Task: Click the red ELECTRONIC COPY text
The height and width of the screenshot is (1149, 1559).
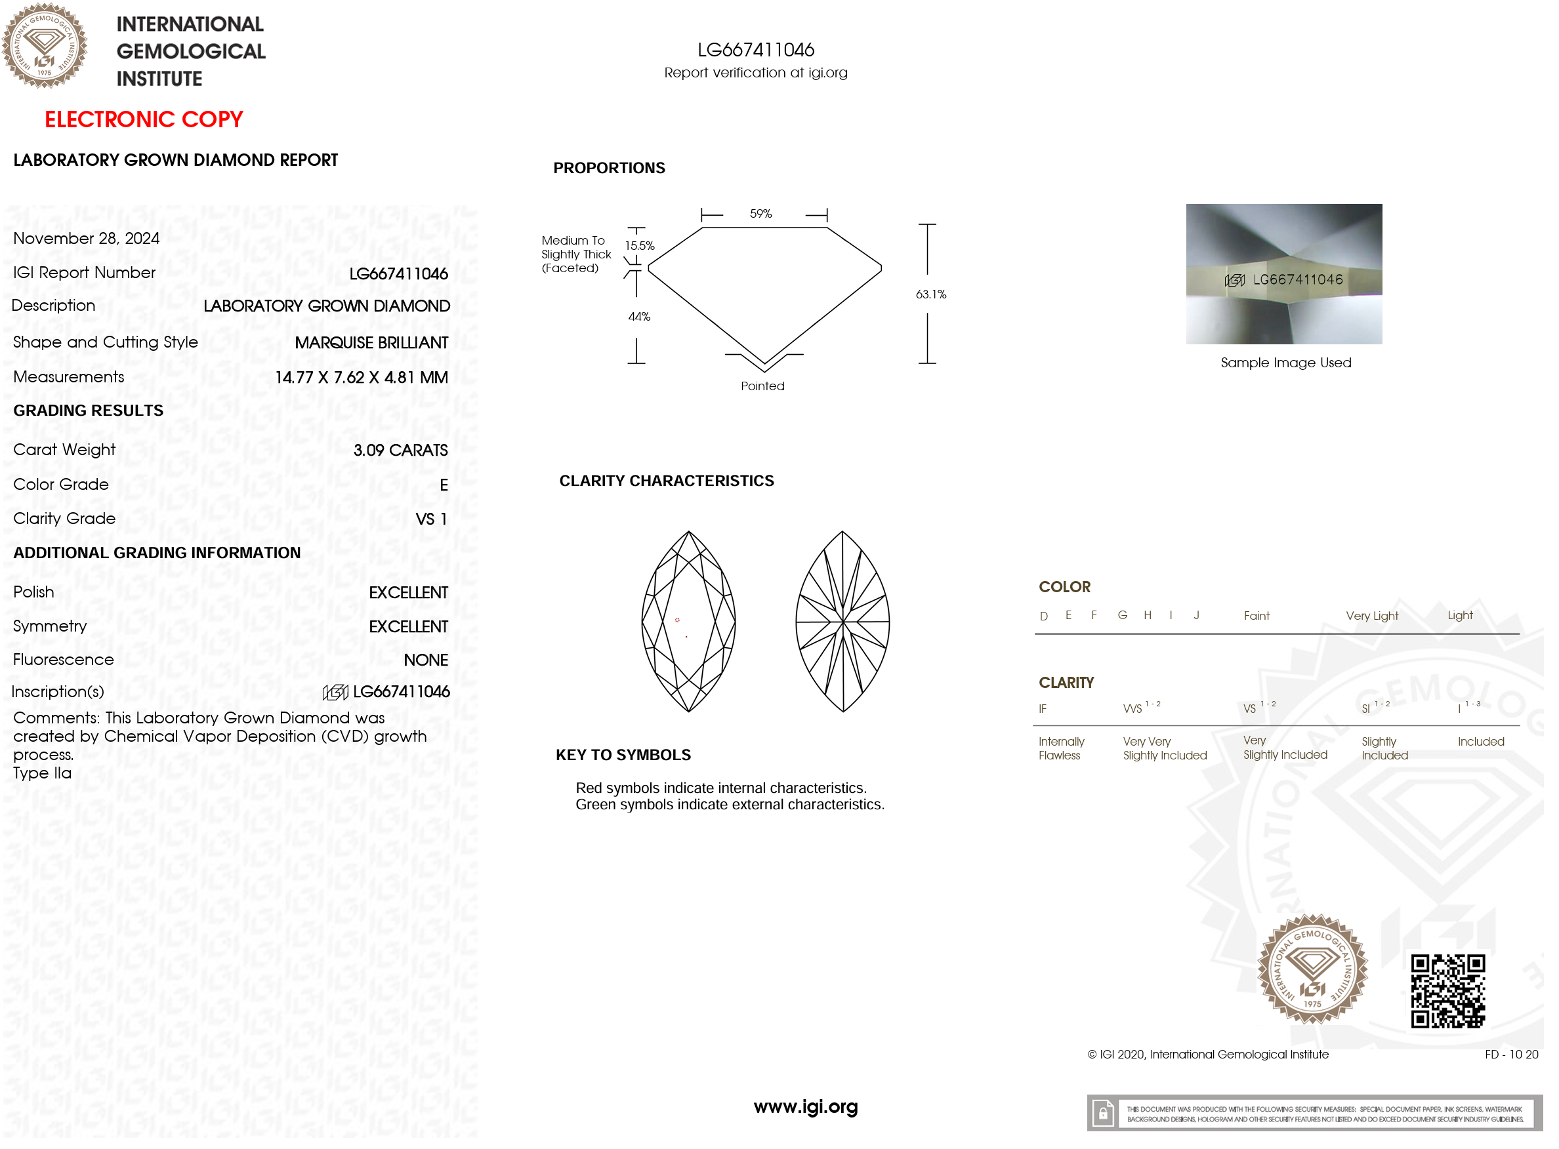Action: tap(144, 119)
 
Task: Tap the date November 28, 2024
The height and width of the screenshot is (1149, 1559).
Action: tap(86, 239)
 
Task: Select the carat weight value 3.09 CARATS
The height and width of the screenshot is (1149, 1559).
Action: tap(400, 450)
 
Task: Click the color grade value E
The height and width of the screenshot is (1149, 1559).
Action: tap(443, 485)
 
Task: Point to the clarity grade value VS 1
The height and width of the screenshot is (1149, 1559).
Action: tap(430, 519)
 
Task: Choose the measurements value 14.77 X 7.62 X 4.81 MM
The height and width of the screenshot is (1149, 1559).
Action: tap(361, 378)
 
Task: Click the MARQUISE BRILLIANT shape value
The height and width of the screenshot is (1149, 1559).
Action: tap(371, 343)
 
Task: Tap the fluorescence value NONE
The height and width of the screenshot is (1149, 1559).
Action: tap(426, 660)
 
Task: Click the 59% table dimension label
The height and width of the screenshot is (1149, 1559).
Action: tap(760, 214)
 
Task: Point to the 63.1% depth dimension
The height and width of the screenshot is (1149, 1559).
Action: tap(930, 294)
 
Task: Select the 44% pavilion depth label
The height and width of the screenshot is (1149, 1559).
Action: tap(638, 317)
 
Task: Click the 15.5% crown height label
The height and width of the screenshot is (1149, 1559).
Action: tap(639, 245)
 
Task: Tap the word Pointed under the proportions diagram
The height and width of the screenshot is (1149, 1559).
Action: tap(762, 386)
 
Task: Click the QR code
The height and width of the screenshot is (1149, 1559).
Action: tap(1447, 990)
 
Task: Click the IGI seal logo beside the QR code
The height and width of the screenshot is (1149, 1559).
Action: tap(1312, 969)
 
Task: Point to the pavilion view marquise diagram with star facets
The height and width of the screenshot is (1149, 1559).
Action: tap(842, 621)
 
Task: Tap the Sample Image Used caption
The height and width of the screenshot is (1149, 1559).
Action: tap(1285, 363)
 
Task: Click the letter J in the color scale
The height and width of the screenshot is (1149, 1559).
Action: tap(1196, 615)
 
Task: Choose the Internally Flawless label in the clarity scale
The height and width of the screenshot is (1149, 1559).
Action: tap(1060, 748)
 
